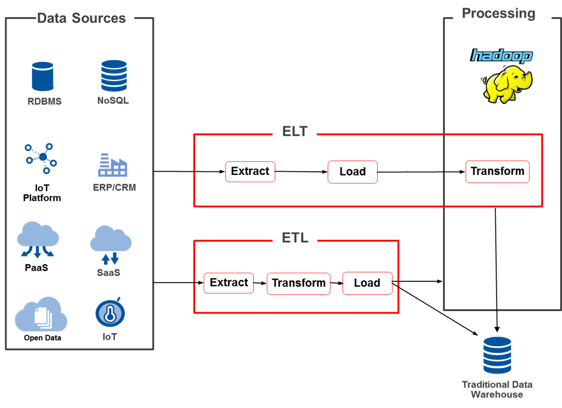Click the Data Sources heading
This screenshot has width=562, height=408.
[81, 18]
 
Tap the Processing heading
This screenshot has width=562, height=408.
[498, 13]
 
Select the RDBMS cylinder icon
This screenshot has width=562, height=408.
[43, 77]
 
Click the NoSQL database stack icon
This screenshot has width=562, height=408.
[114, 76]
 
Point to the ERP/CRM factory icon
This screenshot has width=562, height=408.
[112, 165]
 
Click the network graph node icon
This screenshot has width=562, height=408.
[41, 158]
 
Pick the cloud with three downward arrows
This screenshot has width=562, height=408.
[38, 240]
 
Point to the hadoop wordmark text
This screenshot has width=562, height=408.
[501, 56]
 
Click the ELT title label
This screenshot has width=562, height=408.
[294, 131]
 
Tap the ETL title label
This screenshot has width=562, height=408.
[294, 238]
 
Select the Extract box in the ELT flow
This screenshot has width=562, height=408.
[250, 171]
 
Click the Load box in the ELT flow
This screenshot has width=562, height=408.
[352, 172]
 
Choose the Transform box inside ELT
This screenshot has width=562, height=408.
[497, 171]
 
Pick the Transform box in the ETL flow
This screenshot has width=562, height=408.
[299, 283]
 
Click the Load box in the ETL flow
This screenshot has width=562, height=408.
[367, 283]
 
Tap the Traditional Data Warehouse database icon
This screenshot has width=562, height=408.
[497, 355]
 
